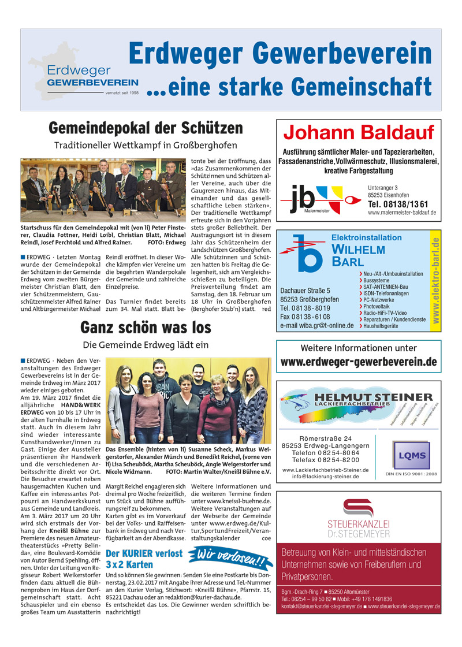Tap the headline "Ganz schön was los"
(x=146, y=328)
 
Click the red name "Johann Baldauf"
(x=359, y=133)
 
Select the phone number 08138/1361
(x=398, y=204)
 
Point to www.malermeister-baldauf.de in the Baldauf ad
(x=401, y=213)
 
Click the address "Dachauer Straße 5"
(x=305, y=291)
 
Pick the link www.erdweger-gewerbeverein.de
(x=359, y=362)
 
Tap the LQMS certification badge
(x=410, y=456)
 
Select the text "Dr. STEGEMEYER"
(x=358, y=534)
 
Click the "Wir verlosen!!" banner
(x=229, y=559)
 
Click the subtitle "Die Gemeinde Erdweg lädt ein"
(x=146, y=345)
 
